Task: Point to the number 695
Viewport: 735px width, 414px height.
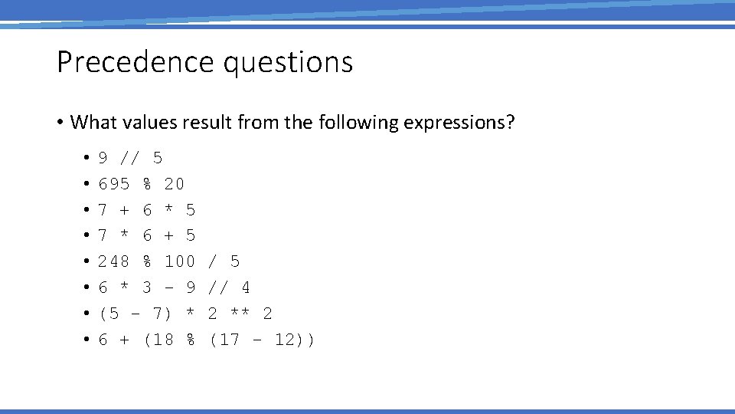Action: point(114,184)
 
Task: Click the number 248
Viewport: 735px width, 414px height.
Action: point(114,261)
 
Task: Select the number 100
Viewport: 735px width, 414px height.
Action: point(180,261)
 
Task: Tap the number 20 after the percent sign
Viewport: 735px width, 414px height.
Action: point(175,184)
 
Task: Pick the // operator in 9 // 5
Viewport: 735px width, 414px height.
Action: point(130,158)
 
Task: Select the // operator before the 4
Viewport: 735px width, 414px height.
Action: point(218,287)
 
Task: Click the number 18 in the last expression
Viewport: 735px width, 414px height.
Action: point(163,340)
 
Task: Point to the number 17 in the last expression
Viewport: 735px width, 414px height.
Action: point(229,340)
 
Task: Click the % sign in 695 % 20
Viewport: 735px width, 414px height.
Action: point(147,184)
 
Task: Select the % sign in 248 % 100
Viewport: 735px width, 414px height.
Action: point(147,261)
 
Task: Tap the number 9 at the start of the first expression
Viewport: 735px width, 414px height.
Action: point(103,158)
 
